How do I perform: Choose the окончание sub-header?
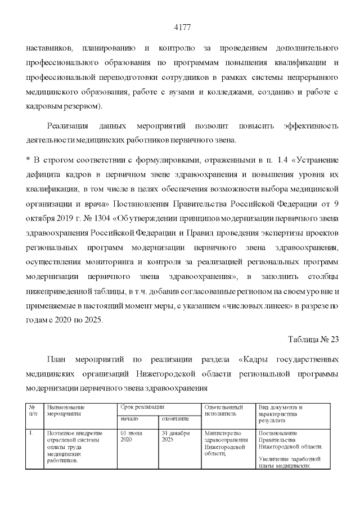tap(175, 419)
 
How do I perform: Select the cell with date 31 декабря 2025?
tap(174, 436)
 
